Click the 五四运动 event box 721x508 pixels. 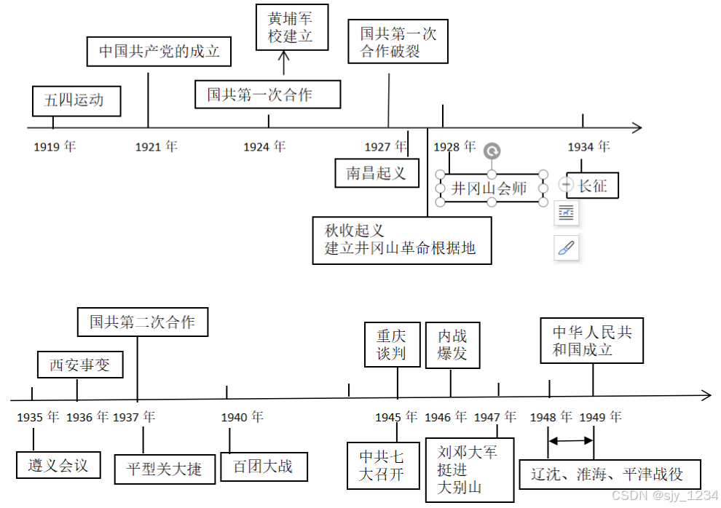point(76,101)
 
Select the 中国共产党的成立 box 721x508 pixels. point(159,52)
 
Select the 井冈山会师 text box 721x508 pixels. point(491,188)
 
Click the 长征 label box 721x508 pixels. point(591,186)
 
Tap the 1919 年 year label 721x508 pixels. point(55,147)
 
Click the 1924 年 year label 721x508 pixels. point(264,147)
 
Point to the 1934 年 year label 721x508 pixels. point(588,147)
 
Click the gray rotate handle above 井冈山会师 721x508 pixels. point(492,151)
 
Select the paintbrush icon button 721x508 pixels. point(566,248)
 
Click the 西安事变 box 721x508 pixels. point(79,365)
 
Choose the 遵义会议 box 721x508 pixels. point(58,464)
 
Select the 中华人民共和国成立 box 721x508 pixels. point(592,341)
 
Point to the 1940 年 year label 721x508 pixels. point(243,417)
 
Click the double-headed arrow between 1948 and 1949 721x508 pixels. point(571,440)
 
